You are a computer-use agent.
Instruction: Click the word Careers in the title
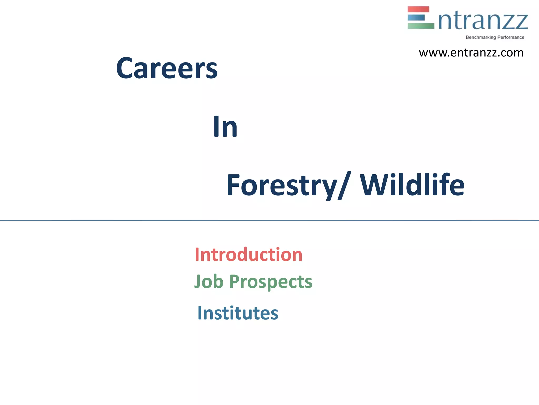pos(167,69)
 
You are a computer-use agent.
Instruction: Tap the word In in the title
pos(225,127)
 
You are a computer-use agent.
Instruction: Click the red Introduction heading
pos(248,255)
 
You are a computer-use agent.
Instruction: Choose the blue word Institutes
pos(238,313)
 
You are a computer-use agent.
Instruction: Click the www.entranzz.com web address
pos(471,53)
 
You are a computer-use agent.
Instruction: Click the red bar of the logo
pos(418,9)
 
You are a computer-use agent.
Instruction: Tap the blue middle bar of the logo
pos(416,18)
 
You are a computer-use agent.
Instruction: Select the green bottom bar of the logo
pos(421,26)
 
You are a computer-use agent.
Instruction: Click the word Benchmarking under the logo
pos(481,37)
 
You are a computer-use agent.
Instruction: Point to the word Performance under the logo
pos(511,37)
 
